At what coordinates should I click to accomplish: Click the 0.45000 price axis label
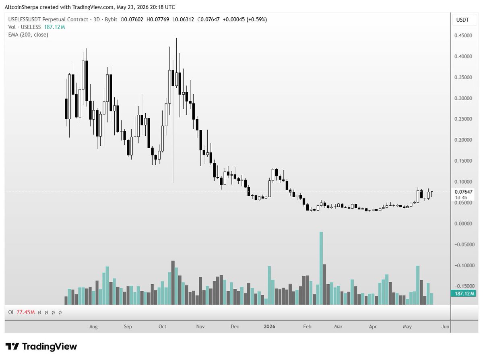[x=463, y=35]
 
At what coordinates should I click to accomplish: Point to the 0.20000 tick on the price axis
[x=463, y=140]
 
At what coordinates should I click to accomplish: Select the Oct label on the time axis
[x=162, y=327]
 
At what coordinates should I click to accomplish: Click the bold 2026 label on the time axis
[x=269, y=327]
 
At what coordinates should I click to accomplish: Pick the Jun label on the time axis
[x=445, y=327]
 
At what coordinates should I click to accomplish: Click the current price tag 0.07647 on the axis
[x=463, y=192]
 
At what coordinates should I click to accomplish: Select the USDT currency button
[x=462, y=20]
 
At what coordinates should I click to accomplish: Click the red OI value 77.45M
[x=25, y=312]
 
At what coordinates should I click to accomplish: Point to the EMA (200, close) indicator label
[x=28, y=35]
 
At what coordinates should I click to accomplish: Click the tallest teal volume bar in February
[x=321, y=268]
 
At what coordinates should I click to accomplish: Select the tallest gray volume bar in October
[x=173, y=283]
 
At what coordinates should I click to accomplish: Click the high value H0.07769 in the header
[x=158, y=20]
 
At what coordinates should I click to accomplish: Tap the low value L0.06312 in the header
[x=183, y=20]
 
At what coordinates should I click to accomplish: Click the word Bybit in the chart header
[x=111, y=20]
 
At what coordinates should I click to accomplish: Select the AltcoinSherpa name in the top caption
[x=21, y=7]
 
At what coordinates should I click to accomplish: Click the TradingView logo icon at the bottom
[x=12, y=346]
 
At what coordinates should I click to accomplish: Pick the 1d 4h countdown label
[x=461, y=198]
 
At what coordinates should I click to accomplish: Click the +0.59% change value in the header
[x=256, y=20]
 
